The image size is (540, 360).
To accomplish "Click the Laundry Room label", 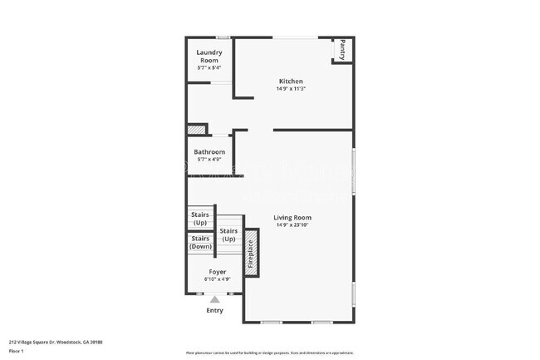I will [209, 56].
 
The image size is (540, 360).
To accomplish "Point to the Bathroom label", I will [209, 152].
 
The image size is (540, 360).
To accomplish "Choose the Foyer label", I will [218, 272].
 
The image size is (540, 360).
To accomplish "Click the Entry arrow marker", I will [215, 299].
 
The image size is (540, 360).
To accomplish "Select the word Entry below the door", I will [215, 311].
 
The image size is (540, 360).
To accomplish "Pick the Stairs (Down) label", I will [200, 242].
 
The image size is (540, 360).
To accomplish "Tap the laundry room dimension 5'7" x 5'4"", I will [209, 67].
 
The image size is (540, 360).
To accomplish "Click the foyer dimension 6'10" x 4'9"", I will [218, 279].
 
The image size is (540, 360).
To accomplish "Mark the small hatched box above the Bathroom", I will [196, 129].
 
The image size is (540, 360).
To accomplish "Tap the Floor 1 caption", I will [17, 351].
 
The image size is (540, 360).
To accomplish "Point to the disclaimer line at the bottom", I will [270, 353].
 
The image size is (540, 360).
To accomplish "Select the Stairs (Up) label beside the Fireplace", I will [228, 234].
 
